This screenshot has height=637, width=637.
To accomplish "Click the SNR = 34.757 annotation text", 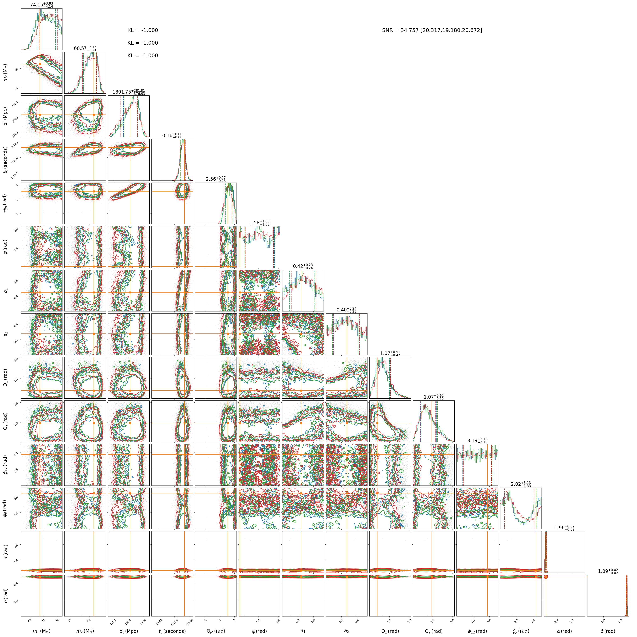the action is tap(432, 30).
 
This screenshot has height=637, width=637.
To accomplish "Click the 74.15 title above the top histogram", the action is tap(41, 5).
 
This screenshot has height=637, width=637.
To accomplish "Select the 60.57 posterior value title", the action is tap(85, 49).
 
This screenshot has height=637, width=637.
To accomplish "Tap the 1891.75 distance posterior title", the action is tap(129, 92).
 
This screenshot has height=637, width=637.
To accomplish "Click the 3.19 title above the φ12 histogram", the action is tap(477, 441).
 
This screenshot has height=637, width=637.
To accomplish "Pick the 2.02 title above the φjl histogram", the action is tap(521, 484).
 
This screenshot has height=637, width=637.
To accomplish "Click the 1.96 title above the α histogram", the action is tap(564, 527).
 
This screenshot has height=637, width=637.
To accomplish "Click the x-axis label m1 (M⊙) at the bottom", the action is tap(41, 631).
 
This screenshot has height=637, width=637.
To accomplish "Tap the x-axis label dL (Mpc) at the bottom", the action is tap(129, 631).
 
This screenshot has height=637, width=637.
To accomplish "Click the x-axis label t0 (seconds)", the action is tap(172, 631).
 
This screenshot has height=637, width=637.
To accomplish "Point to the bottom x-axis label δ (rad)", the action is tap(608, 631).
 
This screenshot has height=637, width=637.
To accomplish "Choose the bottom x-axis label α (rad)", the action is tap(564, 631).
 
